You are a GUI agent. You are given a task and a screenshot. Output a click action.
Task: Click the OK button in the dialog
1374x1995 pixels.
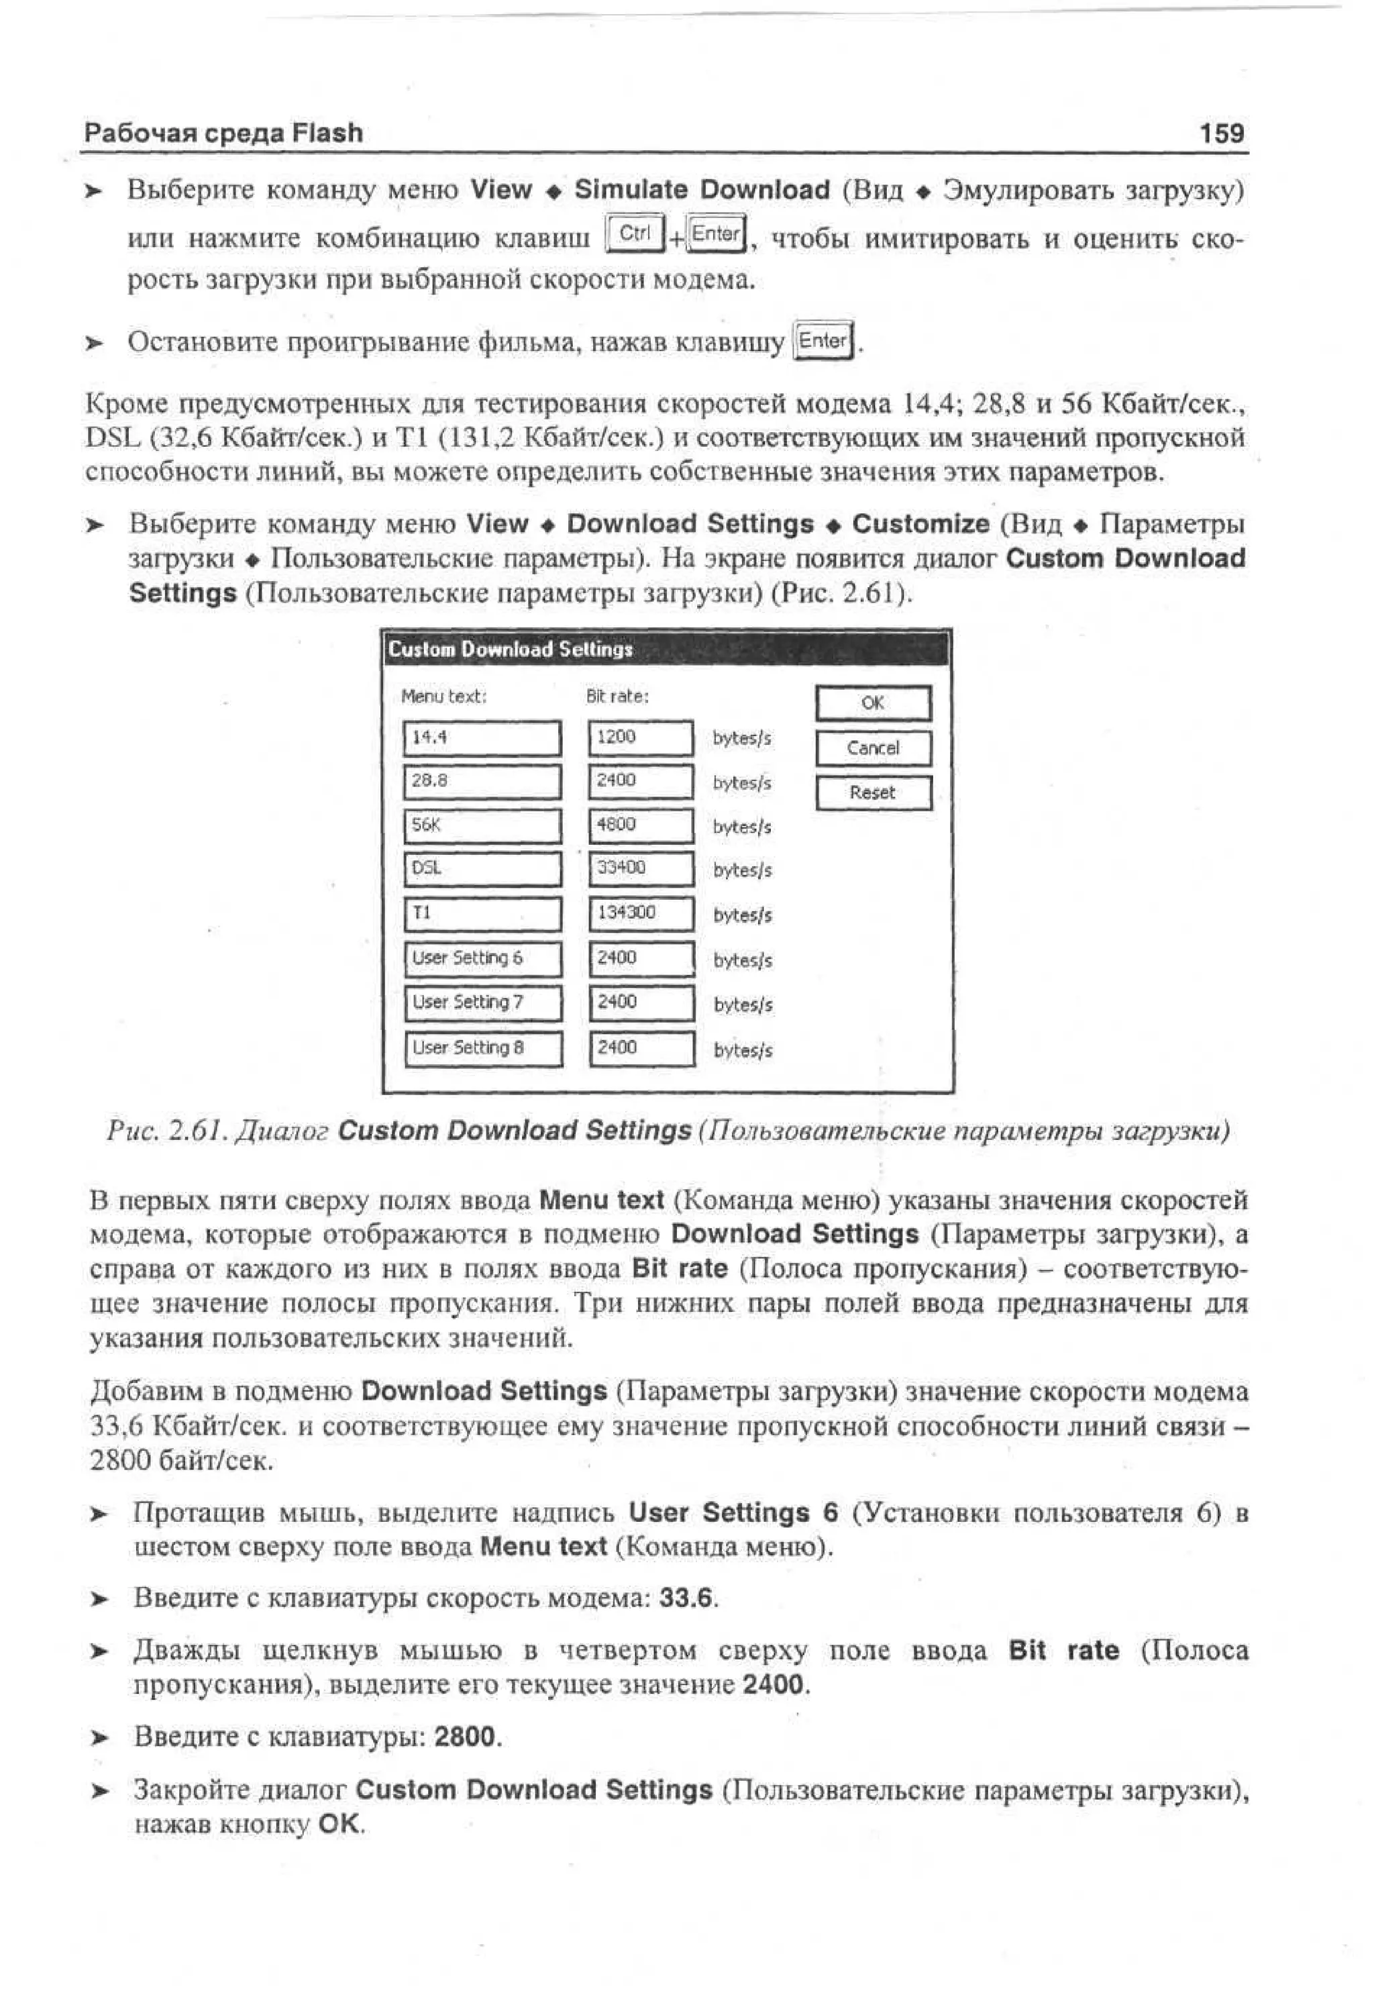(x=872, y=703)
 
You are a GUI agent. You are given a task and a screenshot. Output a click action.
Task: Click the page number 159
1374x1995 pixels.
(x=1222, y=134)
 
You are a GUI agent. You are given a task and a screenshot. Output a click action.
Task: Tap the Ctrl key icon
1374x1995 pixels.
(x=635, y=234)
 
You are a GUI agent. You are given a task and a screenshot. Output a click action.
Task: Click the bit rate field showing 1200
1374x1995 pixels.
(x=641, y=738)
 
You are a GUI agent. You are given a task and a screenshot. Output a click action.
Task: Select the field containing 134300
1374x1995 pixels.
(x=641, y=913)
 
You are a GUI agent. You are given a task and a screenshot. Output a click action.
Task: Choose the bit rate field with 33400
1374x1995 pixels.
(x=641, y=869)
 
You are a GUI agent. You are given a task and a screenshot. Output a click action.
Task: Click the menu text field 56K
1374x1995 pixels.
(x=482, y=826)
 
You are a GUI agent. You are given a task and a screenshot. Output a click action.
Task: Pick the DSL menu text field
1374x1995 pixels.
(x=482, y=869)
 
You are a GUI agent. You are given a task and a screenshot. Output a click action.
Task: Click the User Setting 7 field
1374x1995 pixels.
(x=482, y=1003)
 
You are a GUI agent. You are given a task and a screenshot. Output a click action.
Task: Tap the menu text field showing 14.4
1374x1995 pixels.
(x=482, y=738)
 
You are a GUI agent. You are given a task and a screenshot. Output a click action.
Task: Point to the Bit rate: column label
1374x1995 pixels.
(x=617, y=696)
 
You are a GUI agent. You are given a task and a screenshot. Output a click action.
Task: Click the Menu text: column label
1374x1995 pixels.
(x=444, y=696)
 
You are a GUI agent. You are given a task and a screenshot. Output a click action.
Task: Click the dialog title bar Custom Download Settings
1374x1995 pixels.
(x=666, y=649)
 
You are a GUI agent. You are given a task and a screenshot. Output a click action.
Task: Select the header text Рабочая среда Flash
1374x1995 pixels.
(x=224, y=134)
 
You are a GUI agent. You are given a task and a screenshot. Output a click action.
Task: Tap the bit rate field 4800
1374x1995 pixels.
(x=641, y=826)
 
